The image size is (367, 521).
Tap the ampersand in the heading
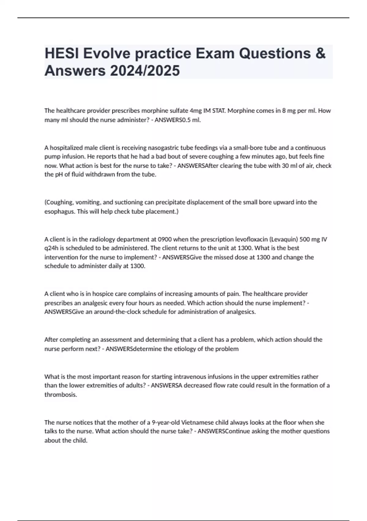pos(320,53)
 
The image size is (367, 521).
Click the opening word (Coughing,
pos(59,202)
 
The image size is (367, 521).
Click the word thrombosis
pos(61,395)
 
